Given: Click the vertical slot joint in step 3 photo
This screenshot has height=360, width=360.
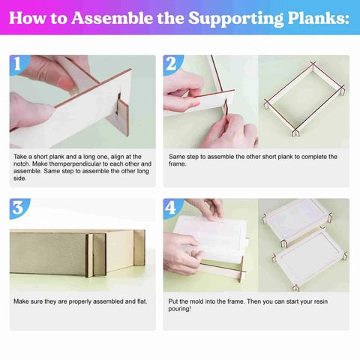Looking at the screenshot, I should (89, 255).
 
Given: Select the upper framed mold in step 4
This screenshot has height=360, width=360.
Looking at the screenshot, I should (296, 217).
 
